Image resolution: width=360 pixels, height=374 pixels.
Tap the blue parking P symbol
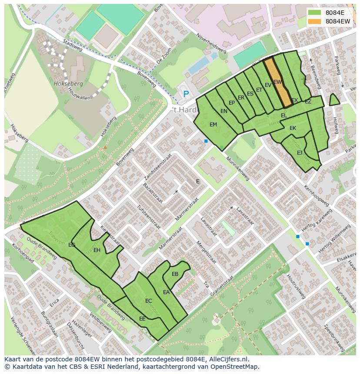tap(186, 94)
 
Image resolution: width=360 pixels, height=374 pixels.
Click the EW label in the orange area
tap(278, 82)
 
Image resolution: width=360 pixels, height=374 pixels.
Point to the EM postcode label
tap(213, 125)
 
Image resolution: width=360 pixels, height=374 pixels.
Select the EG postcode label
tap(72, 245)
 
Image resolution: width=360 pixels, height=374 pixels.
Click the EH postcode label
tap(97, 250)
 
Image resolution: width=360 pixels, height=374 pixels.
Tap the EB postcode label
tap(175, 274)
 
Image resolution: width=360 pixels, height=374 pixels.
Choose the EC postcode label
tap(149, 301)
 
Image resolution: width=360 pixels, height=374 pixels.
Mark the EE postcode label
tap(142, 319)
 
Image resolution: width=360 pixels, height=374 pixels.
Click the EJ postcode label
tap(300, 153)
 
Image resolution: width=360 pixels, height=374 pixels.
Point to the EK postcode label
tap(293, 128)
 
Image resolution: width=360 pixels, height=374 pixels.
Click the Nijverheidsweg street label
tap(211, 44)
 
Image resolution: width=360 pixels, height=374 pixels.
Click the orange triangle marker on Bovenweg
tap(105, 147)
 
